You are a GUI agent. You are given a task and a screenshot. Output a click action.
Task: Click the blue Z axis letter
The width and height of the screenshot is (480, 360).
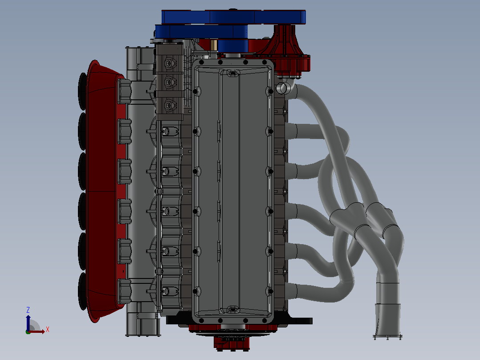click(x=28, y=310)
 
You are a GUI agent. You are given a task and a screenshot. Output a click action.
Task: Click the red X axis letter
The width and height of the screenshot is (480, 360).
click(x=48, y=330)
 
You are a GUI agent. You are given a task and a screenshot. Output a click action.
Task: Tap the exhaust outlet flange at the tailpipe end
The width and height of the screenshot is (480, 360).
click(x=387, y=337)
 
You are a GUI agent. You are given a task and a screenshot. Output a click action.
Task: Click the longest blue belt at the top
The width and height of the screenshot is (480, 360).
click(x=234, y=17)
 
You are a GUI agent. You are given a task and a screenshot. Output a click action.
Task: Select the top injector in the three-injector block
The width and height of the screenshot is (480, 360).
click(x=169, y=63)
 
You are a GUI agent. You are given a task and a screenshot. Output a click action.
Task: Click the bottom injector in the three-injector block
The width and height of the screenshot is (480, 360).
click(x=169, y=105)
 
